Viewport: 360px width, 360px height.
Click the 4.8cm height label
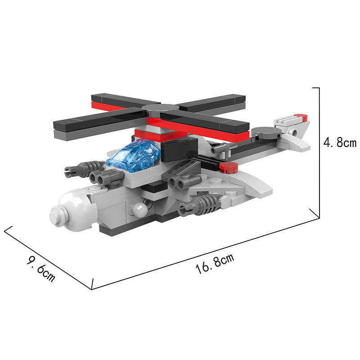340,143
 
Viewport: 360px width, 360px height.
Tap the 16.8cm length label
215,264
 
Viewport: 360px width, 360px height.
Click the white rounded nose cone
73,210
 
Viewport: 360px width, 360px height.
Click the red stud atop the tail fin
301,117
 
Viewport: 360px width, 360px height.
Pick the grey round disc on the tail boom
266,133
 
